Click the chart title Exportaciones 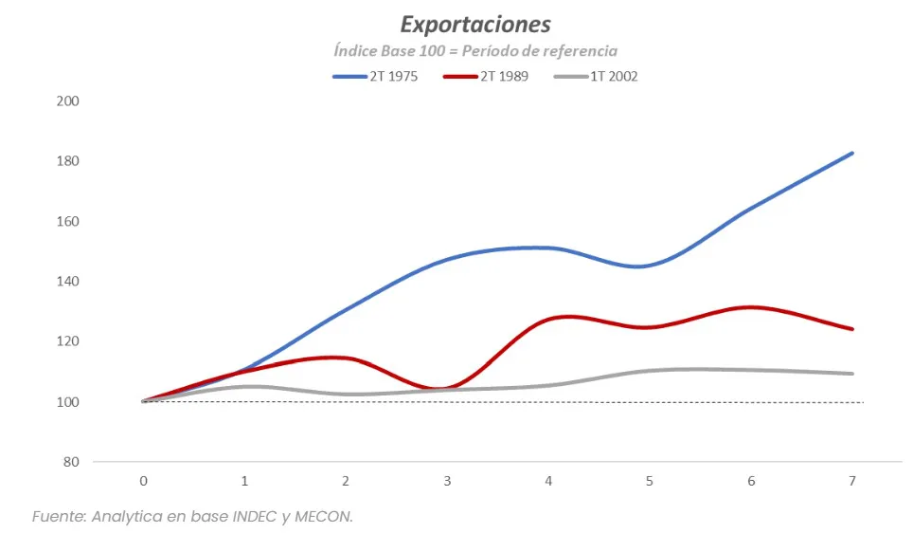474,24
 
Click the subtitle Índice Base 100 474,51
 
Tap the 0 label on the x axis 144,482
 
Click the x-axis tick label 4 548,482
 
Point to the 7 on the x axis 852,482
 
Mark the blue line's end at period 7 852,153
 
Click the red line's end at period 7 852,329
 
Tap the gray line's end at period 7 852,374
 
